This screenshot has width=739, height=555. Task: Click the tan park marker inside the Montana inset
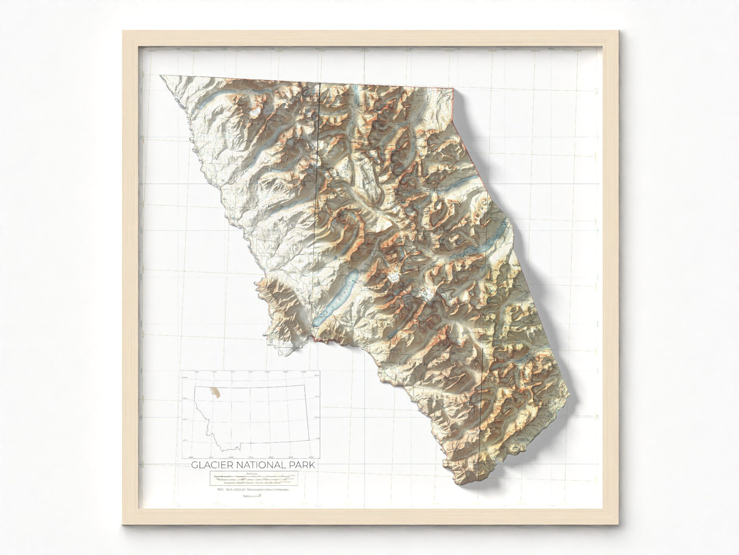pyautogui.click(x=218, y=393)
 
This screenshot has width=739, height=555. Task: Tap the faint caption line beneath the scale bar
pyautogui.click(x=251, y=490)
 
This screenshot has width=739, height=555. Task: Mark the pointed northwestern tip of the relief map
pyautogui.click(x=161, y=76)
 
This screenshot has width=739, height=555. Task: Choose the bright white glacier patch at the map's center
pyautogui.click(x=393, y=277)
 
